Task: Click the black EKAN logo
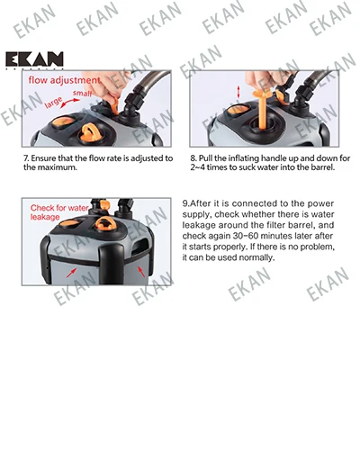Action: point(34,59)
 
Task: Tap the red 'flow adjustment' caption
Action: point(64,80)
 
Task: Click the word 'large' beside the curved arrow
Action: point(53,103)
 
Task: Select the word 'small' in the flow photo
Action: point(82,94)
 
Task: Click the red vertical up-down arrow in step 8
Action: point(238,92)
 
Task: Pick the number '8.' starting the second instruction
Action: point(193,158)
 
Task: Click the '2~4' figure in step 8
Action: point(197,167)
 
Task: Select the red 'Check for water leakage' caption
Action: point(59,212)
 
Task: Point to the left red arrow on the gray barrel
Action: point(71,273)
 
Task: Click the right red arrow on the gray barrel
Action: point(141,271)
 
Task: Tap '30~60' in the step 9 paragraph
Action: point(246,236)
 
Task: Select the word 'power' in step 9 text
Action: point(322,204)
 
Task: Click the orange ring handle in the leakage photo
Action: point(105,223)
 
